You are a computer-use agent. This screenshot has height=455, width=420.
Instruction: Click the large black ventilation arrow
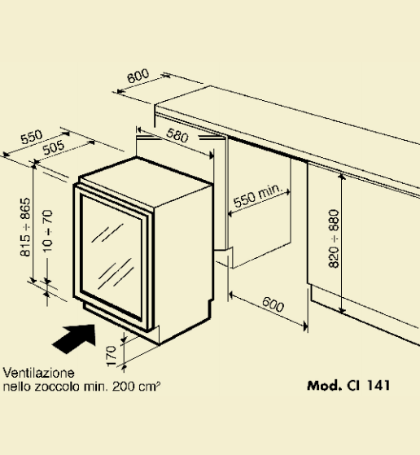pos(76,339)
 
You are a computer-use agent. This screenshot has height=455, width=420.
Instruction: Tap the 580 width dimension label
pos(177,135)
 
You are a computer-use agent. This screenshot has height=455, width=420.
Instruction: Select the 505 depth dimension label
pos(54,147)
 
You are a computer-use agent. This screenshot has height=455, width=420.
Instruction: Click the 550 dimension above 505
pos(32,137)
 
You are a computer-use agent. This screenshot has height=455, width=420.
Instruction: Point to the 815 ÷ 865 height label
pos(25,227)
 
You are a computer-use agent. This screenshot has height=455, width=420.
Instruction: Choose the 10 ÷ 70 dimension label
pos(48,230)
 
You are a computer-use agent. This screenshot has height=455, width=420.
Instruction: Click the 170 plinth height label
pos(111,356)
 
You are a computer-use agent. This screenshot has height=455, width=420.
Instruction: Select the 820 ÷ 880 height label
pos(334,238)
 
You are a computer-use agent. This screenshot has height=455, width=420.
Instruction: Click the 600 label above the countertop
pos(138,76)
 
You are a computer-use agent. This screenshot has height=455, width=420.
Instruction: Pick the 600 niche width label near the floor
pos(273,304)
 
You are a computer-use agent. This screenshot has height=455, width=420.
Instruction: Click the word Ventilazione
pos(38,373)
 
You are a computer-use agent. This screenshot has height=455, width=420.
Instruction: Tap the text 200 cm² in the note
pos(136,387)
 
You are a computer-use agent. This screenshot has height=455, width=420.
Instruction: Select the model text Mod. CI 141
pos(348,385)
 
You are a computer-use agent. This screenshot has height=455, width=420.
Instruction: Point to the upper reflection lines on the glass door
pos(107,233)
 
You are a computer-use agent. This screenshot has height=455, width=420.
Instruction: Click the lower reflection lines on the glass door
pos(116,273)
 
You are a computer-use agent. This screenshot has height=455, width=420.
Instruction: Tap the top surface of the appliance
pos(145,182)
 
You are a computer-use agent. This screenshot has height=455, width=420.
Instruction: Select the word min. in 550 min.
pos(270,190)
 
